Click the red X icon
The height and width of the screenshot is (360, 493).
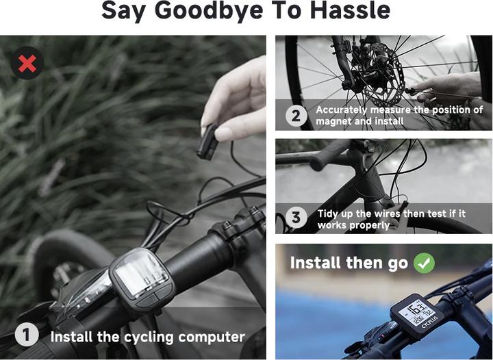click(27, 63)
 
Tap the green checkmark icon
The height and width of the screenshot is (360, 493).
click(424, 263)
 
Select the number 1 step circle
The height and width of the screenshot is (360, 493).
click(27, 335)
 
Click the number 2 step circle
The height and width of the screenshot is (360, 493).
click(296, 116)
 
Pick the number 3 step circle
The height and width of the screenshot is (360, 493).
click(296, 218)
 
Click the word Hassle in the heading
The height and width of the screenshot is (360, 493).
click(351, 10)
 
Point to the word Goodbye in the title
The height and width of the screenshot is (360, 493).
click(209, 12)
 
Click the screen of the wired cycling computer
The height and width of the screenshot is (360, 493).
click(140, 276)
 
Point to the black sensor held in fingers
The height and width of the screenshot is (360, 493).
click(207, 142)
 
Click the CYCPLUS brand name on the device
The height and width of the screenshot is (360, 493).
click(429, 323)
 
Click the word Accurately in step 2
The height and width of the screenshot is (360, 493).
click(342, 110)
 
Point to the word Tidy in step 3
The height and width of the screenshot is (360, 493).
click(328, 214)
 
